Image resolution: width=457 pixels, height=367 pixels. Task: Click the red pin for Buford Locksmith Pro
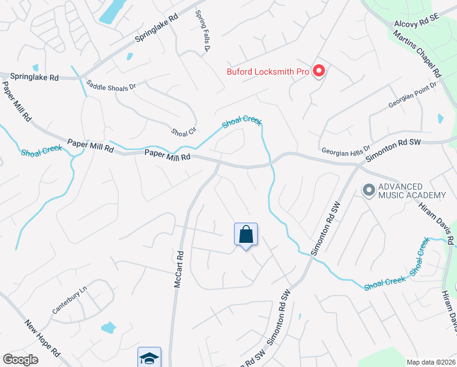(x=318, y=72)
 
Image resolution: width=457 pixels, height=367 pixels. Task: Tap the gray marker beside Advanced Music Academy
(x=368, y=190)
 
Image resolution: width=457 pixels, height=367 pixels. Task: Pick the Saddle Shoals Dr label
(x=111, y=86)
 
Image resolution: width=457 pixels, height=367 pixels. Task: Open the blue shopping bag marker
(x=246, y=234)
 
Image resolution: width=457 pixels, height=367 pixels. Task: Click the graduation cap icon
(x=148, y=358)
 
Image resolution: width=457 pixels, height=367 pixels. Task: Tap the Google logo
(x=20, y=360)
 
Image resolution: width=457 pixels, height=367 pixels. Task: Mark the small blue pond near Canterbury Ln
(x=108, y=328)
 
